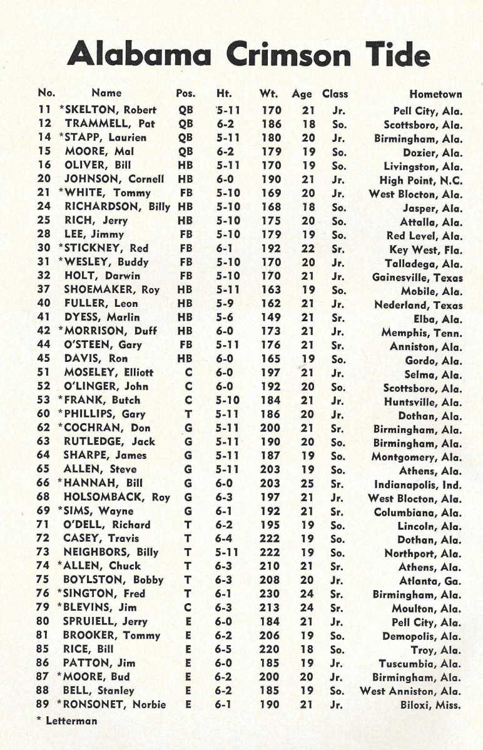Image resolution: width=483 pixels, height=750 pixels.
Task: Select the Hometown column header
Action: (435, 94)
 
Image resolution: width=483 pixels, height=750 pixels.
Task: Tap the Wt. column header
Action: (269, 94)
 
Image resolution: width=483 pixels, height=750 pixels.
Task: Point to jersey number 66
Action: (43, 482)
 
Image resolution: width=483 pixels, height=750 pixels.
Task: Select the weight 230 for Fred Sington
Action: (271, 594)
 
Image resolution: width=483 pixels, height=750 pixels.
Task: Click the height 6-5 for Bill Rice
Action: (224, 649)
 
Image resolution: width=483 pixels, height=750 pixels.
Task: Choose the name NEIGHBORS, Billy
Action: (111, 552)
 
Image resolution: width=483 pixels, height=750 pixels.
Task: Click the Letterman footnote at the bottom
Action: (68, 721)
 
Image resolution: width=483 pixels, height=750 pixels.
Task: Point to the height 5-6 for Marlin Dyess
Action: (224, 317)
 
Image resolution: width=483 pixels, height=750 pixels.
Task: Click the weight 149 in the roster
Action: (271, 317)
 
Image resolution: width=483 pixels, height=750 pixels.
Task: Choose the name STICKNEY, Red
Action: (104, 249)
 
